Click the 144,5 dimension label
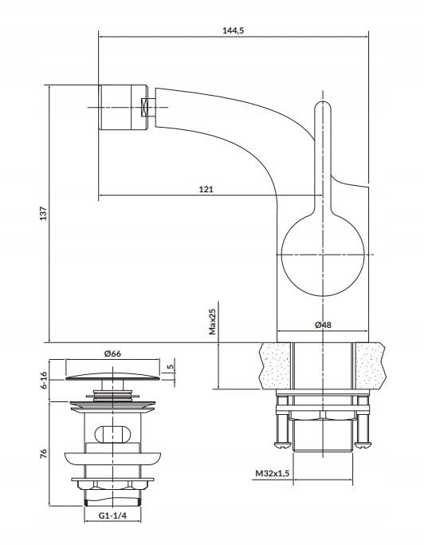[x=234, y=30]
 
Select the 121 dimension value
[x=206, y=189]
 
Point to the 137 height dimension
[x=43, y=213]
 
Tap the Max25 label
[x=213, y=322]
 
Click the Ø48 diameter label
[x=323, y=325]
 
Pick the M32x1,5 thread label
[x=273, y=473]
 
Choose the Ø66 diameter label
[x=112, y=353]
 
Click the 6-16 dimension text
[x=44, y=381]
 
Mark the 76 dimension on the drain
[x=44, y=453]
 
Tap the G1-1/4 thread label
[x=112, y=515]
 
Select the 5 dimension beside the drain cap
[x=170, y=367]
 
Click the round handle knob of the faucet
[x=323, y=255]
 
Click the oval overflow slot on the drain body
[x=113, y=434]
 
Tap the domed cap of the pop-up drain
[x=113, y=377]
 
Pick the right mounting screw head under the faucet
[x=363, y=444]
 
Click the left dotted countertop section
[x=276, y=365]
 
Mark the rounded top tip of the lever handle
[x=323, y=101]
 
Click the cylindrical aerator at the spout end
[x=124, y=108]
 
